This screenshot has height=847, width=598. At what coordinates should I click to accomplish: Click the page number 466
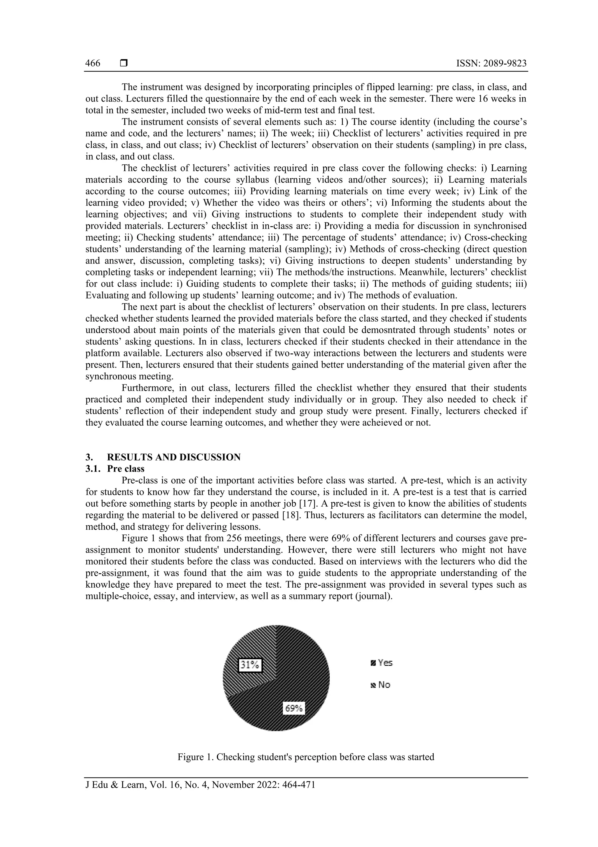(x=93, y=63)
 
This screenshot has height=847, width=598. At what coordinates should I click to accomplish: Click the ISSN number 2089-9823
(x=491, y=63)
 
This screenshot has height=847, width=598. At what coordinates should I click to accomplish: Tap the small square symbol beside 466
(x=124, y=63)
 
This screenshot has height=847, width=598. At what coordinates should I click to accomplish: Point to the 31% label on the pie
(x=250, y=665)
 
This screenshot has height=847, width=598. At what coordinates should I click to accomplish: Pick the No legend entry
(x=381, y=685)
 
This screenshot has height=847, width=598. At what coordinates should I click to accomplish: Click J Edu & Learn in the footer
(x=115, y=784)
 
